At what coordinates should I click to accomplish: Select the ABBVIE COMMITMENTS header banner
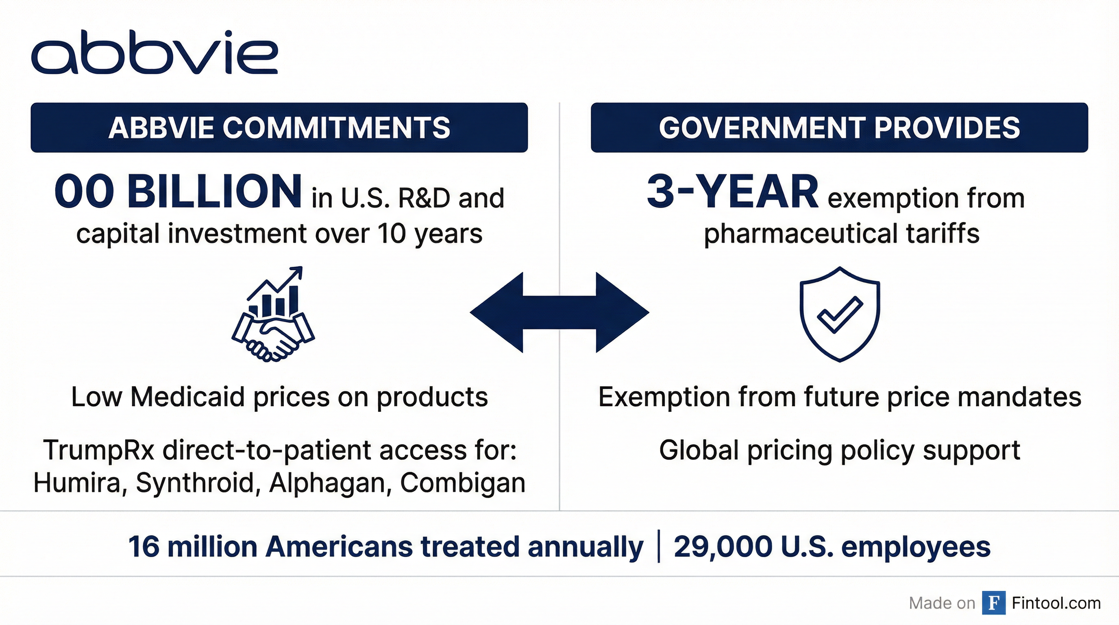click(279, 127)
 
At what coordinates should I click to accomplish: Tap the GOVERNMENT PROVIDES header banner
click(839, 127)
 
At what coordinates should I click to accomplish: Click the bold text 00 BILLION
click(178, 192)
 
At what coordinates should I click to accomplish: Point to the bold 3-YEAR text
click(732, 192)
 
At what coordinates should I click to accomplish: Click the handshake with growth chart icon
click(273, 314)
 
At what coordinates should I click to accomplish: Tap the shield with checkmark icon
click(840, 314)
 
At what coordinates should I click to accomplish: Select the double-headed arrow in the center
click(559, 312)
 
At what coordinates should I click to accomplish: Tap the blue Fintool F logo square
click(994, 603)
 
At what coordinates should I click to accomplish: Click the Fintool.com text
click(1056, 603)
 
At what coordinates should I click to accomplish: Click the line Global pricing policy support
click(840, 451)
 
